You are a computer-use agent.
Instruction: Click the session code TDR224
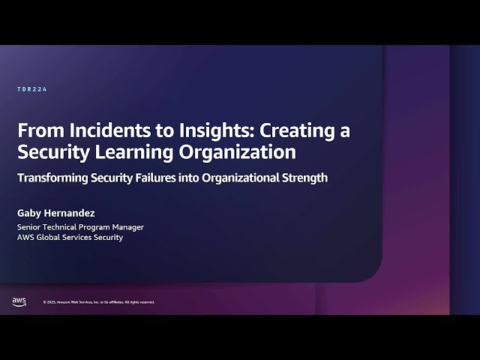point(32,89)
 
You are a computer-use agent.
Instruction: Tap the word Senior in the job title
point(30,226)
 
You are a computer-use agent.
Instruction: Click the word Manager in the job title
point(127,226)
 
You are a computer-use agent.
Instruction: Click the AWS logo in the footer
point(19,301)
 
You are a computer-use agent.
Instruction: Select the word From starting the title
point(35,130)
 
